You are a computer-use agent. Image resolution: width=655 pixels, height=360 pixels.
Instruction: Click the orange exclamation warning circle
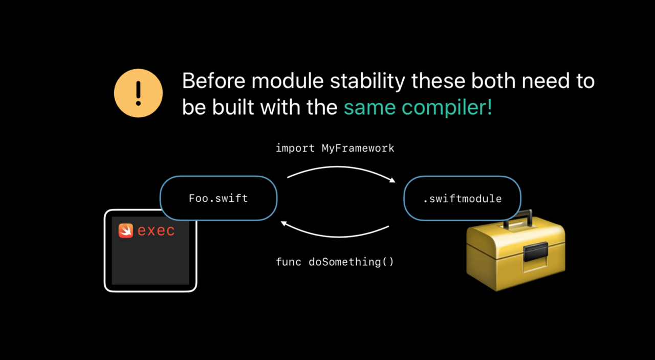(138, 93)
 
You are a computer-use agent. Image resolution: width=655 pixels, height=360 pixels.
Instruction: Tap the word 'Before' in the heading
(214, 81)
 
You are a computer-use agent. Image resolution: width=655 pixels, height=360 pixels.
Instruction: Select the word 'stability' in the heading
(367, 82)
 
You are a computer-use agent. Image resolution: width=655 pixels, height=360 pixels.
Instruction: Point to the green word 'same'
(370, 108)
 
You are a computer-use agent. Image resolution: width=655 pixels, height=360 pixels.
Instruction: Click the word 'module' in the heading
(288, 80)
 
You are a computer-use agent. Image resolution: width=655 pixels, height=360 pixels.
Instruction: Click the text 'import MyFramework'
(335, 148)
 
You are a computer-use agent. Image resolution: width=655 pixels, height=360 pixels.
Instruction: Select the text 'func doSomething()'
(335, 262)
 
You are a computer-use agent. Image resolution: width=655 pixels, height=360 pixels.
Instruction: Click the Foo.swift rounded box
(219, 198)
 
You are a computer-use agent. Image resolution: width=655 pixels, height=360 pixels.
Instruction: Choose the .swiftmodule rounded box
(462, 198)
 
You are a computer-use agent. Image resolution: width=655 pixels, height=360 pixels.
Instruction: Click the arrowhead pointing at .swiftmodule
(392, 180)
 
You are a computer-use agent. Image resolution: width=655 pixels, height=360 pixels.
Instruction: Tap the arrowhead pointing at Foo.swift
(283, 224)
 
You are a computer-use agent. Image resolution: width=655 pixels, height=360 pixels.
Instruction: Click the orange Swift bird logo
(126, 230)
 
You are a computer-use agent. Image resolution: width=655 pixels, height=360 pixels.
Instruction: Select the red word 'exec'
(156, 231)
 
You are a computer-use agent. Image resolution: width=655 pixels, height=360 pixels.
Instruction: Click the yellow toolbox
(515, 252)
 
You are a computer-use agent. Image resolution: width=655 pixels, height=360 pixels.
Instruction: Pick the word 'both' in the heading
(493, 80)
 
